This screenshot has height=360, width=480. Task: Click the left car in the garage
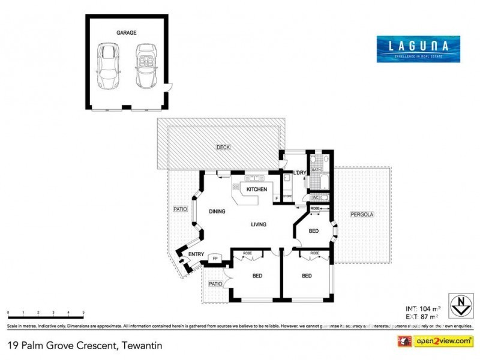(109, 65)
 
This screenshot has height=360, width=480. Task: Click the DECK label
(223, 147)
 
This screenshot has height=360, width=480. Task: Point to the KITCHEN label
(257, 190)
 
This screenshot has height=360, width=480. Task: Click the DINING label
(217, 211)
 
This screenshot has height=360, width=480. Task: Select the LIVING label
(259, 224)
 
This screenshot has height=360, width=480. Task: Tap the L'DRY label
(299, 173)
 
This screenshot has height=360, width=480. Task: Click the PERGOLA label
(363, 214)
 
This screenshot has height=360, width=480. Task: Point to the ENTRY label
(196, 254)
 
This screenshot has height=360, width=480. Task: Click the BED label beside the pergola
(313, 231)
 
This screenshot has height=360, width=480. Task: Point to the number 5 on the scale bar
(83, 313)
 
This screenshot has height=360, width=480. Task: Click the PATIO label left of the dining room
(180, 209)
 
